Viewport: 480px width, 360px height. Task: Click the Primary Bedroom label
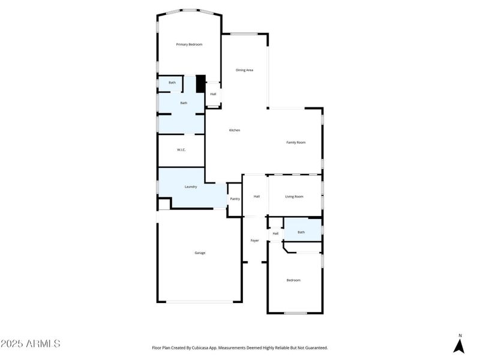(189, 44)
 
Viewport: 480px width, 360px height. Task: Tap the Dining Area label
(244, 70)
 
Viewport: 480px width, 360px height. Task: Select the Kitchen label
(235, 130)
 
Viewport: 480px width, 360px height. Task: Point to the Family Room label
(296, 142)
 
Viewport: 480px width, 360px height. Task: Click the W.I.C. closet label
(181, 150)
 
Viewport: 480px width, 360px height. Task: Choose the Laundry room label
(191, 187)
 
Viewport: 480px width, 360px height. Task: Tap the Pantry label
(235, 199)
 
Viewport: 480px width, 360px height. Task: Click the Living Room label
(294, 196)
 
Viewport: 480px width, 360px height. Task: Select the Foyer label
(254, 240)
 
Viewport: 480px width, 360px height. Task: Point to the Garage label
(200, 253)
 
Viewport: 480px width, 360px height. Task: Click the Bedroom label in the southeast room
(293, 280)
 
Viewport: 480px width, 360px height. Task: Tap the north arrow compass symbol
(460, 344)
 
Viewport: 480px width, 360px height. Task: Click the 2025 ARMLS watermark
(31, 344)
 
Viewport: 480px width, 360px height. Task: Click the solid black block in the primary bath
(201, 82)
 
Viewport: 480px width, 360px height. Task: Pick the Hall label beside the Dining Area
(213, 94)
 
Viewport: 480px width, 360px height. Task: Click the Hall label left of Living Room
(256, 196)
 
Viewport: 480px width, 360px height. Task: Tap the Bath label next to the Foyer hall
(301, 232)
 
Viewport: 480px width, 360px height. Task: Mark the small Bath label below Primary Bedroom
(172, 82)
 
